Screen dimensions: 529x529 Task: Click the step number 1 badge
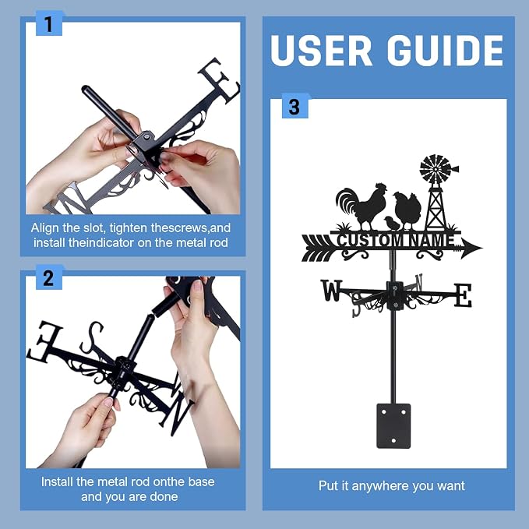49,23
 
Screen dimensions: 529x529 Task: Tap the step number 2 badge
49,277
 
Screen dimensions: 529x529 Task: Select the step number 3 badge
294,106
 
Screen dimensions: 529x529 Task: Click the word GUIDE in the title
445,51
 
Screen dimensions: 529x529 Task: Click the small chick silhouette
392,223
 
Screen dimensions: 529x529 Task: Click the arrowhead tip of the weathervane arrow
481,249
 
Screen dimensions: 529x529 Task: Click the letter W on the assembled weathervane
331,290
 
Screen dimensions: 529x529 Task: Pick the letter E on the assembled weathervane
463,295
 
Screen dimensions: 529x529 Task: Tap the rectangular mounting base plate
393,425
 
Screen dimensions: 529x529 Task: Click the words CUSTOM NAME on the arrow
396,240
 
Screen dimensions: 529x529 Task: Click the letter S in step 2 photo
91,337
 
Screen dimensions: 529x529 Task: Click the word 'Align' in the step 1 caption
45,228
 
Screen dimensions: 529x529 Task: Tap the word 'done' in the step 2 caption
164,496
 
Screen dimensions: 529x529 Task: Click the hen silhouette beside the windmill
407,210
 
